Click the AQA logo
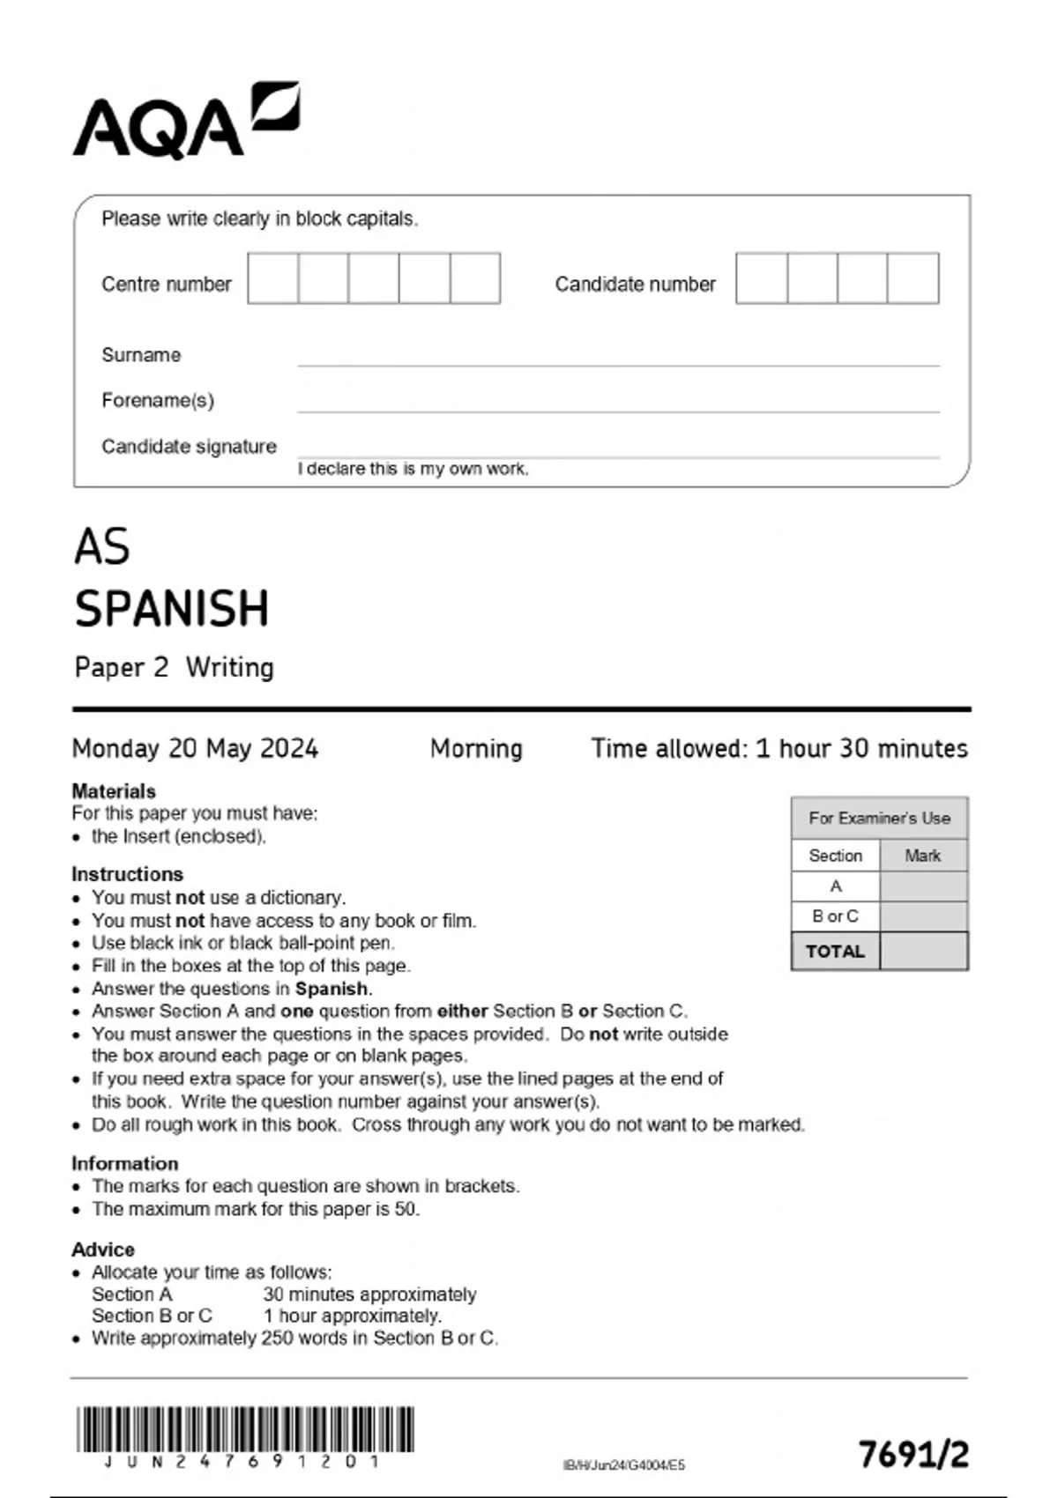coord(185,122)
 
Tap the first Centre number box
coord(272,278)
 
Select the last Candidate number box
coord(913,278)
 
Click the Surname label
coord(141,355)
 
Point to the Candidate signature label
coord(189,447)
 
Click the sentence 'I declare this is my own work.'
coord(413,469)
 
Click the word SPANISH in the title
coord(172,608)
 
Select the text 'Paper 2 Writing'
coord(174,667)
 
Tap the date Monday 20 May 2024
coord(195,748)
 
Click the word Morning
coord(476,748)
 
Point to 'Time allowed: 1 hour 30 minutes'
coord(779,748)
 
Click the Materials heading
coord(114,790)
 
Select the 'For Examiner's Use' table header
coord(879,818)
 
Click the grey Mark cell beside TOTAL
coord(923,952)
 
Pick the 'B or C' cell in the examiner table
coord(835,916)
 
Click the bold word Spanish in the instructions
coord(332,989)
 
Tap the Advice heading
coord(103,1250)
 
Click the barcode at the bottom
coord(245,1429)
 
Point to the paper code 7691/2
coord(913,1454)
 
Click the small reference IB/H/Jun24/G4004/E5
coord(623,1465)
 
